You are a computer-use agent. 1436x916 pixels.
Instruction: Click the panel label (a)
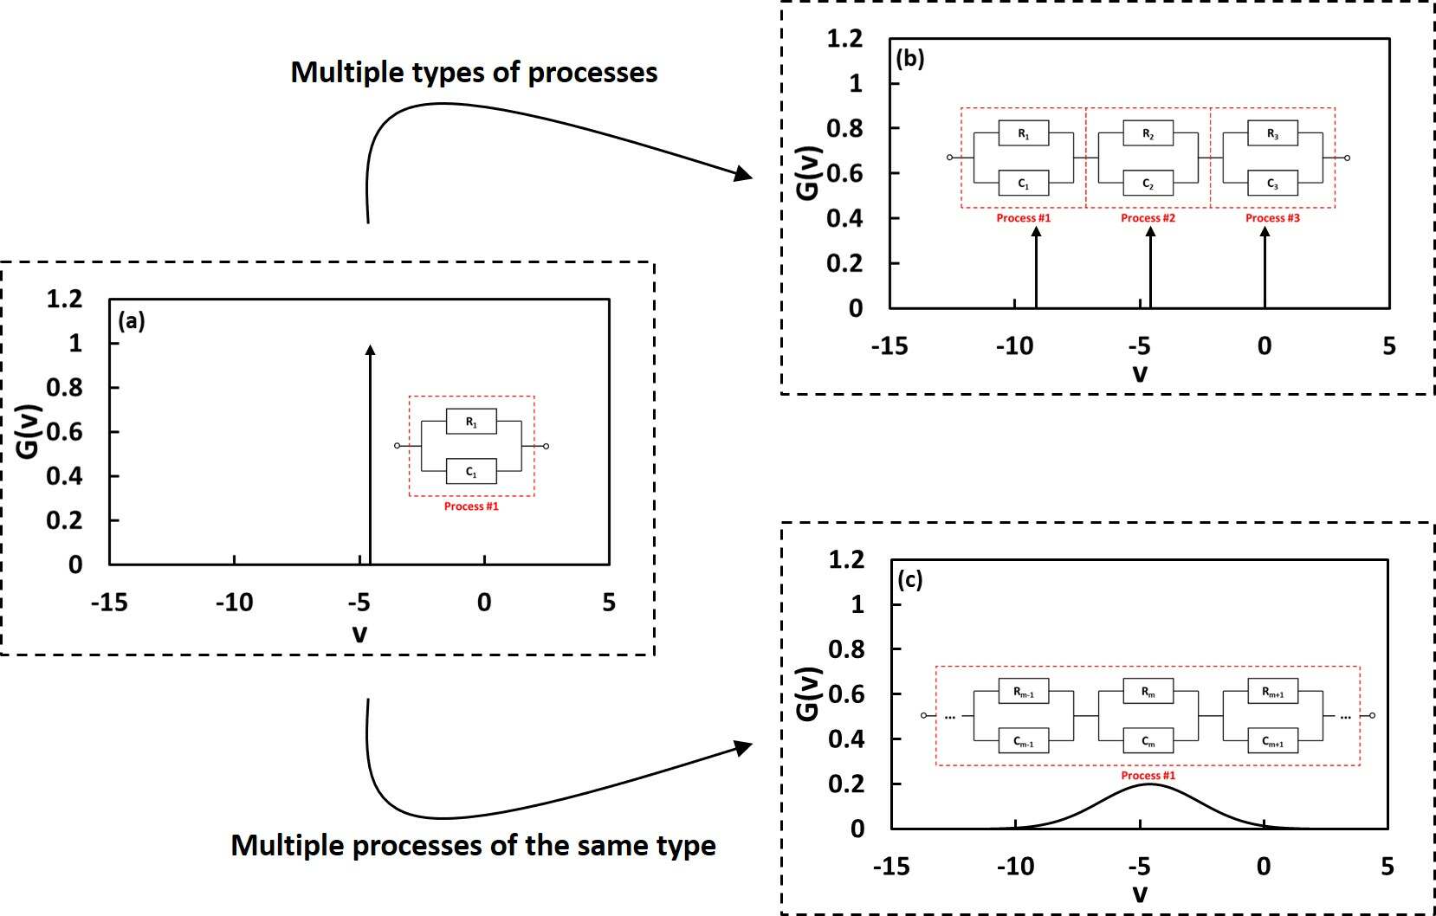[x=132, y=321]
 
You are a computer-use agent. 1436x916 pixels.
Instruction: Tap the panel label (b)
[x=910, y=58]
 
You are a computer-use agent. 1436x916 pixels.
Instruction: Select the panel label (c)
[x=910, y=580]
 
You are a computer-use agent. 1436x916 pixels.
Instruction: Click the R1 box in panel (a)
[x=470, y=422]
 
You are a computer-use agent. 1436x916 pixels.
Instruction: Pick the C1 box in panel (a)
[x=470, y=472]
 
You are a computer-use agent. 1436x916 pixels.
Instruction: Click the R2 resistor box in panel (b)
[x=1148, y=133]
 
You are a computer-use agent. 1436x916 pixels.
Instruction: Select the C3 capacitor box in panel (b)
[x=1272, y=184]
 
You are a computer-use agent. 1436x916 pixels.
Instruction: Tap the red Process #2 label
[x=1148, y=218]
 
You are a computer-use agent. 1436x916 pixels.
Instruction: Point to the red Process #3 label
[x=1272, y=218]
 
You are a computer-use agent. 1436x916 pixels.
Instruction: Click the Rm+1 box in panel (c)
[x=1272, y=692]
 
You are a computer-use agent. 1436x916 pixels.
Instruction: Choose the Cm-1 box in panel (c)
[x=1023, y=742]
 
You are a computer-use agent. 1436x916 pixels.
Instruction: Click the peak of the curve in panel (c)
[x=1148, y=784]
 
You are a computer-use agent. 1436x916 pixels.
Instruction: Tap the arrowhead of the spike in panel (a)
[x=370, y=350]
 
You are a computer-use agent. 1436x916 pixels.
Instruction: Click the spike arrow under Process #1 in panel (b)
[x=1036, y=268]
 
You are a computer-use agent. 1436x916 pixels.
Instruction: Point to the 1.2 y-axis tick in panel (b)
[x=844, y=38]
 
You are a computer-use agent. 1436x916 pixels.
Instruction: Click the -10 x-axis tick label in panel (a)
[x=234, y=602]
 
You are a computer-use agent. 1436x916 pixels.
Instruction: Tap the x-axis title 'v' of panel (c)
[x=1140, y=893]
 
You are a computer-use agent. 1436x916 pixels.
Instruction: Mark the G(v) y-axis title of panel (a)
[x=30, y=431]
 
